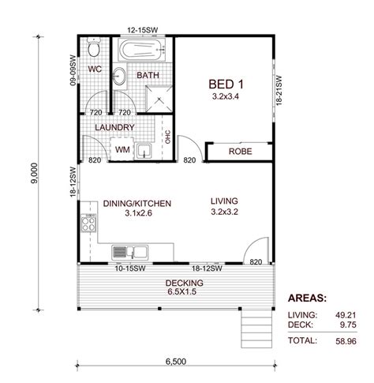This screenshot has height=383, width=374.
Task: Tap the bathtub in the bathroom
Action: (142, 50)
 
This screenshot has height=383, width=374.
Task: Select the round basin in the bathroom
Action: (119, 77)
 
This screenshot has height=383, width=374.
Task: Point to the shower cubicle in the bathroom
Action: (159, 99)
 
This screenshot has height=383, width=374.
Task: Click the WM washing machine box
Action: (122, 149)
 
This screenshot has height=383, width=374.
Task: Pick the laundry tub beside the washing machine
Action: (144, 151)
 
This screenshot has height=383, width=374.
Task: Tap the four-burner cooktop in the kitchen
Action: (88, 223)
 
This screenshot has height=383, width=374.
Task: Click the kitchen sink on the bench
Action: (130, 252)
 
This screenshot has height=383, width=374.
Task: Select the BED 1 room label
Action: (226, 84)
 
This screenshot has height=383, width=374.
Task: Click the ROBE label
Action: (241, 152)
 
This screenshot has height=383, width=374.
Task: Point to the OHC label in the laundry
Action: (168, 137)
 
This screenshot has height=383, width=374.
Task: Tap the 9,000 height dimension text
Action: (35, 173)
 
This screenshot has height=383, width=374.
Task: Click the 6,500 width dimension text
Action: (176, 362)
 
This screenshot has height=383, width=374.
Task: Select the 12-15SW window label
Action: (143, 30)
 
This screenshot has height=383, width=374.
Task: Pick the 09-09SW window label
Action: (73, 70)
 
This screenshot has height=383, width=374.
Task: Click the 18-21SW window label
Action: (279, 91)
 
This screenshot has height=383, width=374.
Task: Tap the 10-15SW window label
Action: (130, 268)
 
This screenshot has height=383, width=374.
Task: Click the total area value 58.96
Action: (346, 341)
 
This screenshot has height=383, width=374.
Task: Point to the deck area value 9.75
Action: (348, 325)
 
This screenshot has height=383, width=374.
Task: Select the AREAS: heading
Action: (307, 299)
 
